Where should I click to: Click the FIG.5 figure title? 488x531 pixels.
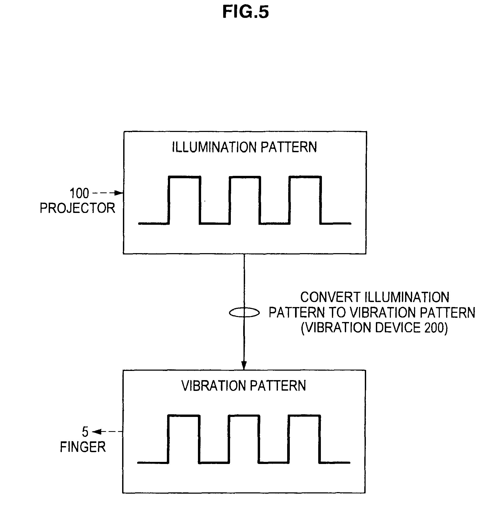245,12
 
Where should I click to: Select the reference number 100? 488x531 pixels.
79,193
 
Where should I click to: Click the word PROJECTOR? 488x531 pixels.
77,208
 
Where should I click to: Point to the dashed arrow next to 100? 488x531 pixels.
108,193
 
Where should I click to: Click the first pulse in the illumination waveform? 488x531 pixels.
184,200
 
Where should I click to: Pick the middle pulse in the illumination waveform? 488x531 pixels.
245,200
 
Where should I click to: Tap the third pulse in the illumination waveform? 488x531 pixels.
305,200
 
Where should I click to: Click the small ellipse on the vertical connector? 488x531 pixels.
244,313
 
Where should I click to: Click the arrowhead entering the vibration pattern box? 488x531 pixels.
244,365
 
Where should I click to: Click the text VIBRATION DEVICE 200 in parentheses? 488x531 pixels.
375,328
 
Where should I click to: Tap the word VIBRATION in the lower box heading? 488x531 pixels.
214,386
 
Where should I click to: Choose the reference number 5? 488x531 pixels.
85,432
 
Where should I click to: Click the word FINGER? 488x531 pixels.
83,447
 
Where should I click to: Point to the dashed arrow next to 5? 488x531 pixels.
107,432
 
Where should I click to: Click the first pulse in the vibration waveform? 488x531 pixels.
183,439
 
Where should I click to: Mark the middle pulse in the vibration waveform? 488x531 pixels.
244,439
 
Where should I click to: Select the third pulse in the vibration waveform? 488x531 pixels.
304,439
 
